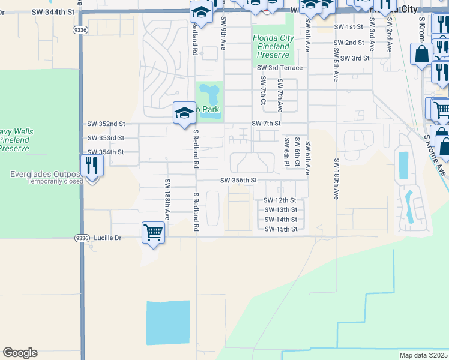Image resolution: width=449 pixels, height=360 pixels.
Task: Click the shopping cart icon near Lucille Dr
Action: (153, 232)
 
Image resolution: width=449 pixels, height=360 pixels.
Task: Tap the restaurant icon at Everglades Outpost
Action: (92, 165)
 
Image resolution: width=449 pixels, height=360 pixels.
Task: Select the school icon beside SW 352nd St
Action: (184, 113)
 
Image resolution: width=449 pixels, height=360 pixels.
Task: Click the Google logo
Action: (20, 353)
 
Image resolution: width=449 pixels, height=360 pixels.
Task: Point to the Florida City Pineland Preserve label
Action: (273, 46)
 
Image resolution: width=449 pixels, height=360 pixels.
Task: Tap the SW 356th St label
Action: (238, 180)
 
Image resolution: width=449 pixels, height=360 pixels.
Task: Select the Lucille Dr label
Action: (107, 238)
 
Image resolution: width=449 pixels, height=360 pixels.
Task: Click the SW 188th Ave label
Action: (167, 199)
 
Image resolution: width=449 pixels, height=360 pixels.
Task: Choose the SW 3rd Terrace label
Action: (281, 68)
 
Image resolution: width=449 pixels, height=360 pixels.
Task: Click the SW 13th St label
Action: (280, 209)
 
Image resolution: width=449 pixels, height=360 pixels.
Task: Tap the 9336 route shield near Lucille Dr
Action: (82, 238)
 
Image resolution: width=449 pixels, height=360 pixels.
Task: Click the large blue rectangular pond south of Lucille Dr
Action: (168, 323)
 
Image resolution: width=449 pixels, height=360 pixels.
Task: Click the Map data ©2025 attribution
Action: (423, 355)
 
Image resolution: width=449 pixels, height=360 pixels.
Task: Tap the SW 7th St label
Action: (266, 123)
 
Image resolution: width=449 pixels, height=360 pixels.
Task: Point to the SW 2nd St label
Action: (348, 43)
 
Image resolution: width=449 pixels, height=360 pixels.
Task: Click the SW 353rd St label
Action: (106, 138)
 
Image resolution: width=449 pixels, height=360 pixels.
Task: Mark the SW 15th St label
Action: (280, 229)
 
